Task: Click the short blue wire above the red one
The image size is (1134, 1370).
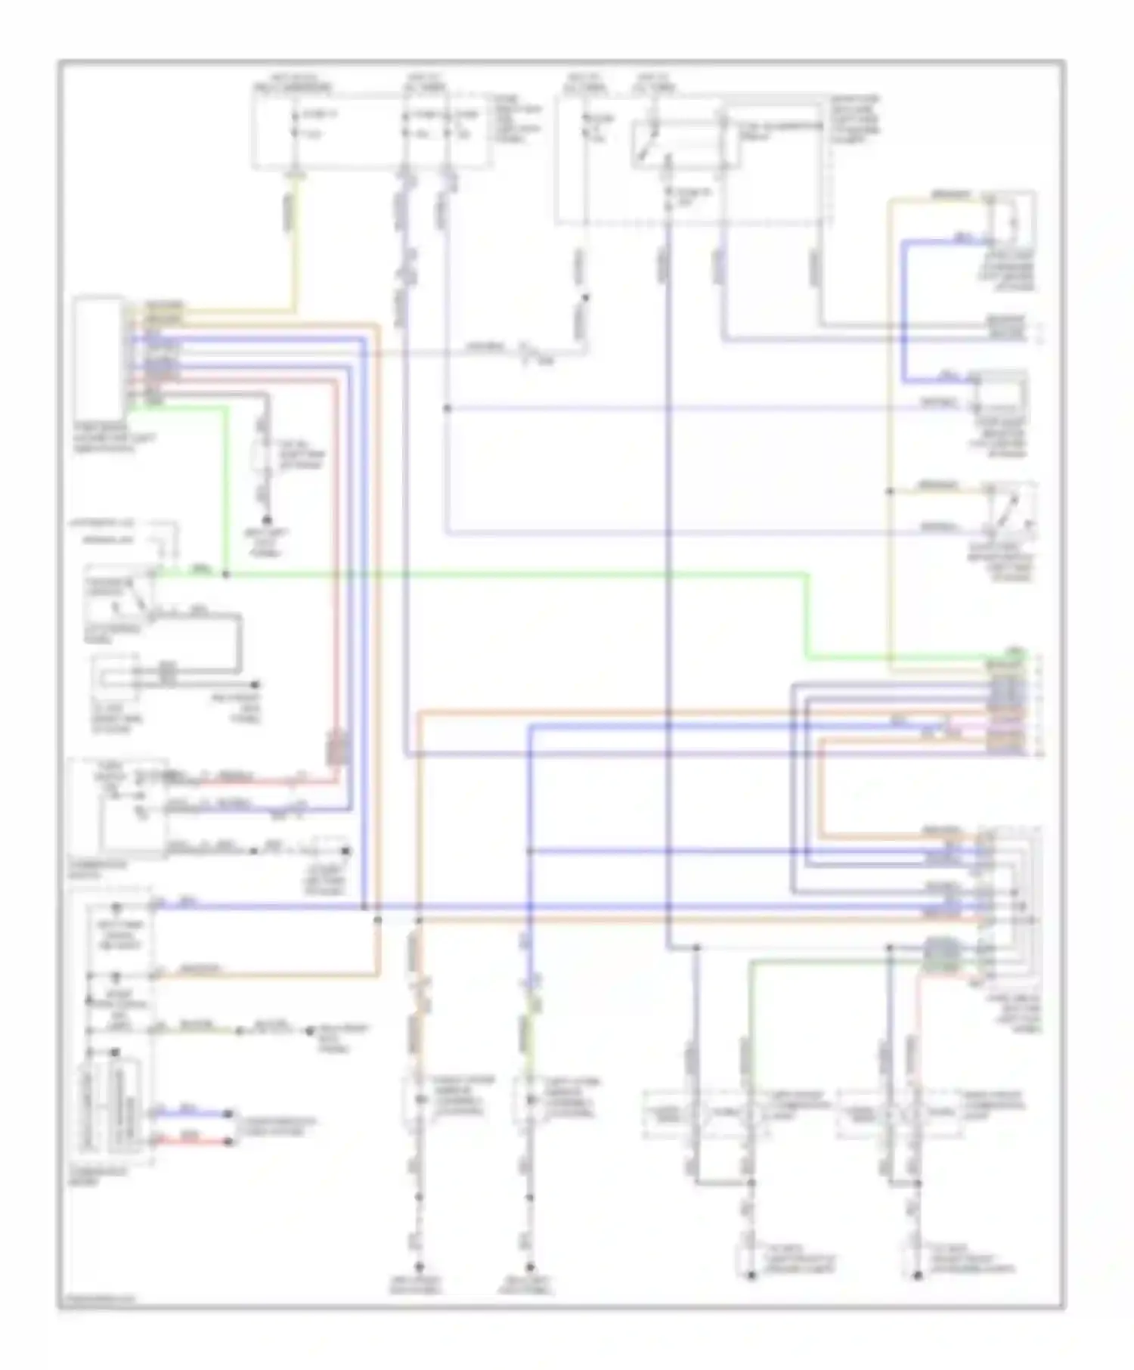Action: tap(193, 1114)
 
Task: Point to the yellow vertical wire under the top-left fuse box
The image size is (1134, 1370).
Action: tap(296, 242)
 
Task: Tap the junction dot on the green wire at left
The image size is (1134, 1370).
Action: tap(225, 575)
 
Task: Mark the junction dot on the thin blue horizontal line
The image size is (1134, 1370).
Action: tap(446, 409)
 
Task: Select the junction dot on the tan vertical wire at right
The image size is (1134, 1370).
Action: tap(891, 492)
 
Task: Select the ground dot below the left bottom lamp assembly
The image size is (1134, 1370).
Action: tap(751, 1276)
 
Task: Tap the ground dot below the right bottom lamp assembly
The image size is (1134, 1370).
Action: tap(917, 1276)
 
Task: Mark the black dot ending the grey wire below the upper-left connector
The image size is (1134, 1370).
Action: tap(266, 521)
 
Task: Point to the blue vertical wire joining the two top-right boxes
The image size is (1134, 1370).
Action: tap(903, 310)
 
